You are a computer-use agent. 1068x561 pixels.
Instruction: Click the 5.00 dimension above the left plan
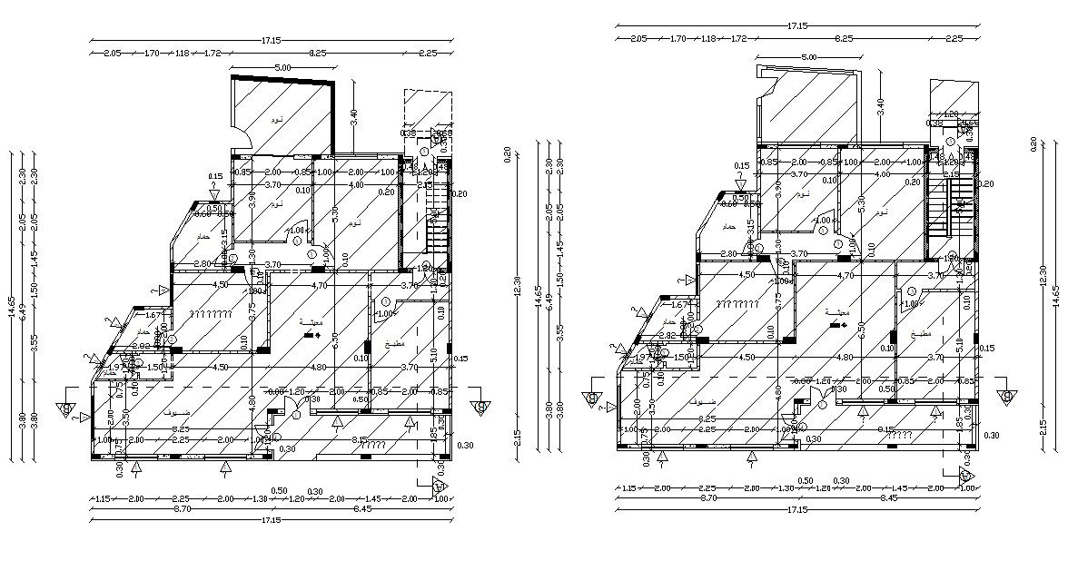pyautogui.click(x=282, y=67)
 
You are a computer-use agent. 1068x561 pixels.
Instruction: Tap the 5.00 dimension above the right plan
pyautogui.click(x=808, y=57)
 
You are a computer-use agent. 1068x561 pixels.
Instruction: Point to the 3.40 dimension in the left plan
pyautogui.click(x=354, y=116)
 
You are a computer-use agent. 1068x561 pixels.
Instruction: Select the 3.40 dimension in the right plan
pyautogui.click(x=880, y=104)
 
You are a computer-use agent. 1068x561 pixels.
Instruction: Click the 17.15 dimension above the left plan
pyautogui.click(x=271, y=40)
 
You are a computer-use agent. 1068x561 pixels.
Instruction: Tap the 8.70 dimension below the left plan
pyautogui.click(x=183, y=510)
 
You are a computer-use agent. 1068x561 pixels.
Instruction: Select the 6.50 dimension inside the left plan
pyautogui.click(x=335, y=340)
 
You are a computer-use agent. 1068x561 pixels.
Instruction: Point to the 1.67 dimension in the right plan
pyautogui.click(x=678, y=305)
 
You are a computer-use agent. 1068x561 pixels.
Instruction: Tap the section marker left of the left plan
pyautogui.click(x=67, y=409)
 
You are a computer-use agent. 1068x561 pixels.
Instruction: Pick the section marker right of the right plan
pyautogui.click(x=1006, y=397)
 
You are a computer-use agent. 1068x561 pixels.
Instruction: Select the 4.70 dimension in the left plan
pyautogui.click(x=319, y=285)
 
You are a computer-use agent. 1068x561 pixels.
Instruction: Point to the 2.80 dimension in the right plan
pyautogui.click(x=728, y=253)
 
